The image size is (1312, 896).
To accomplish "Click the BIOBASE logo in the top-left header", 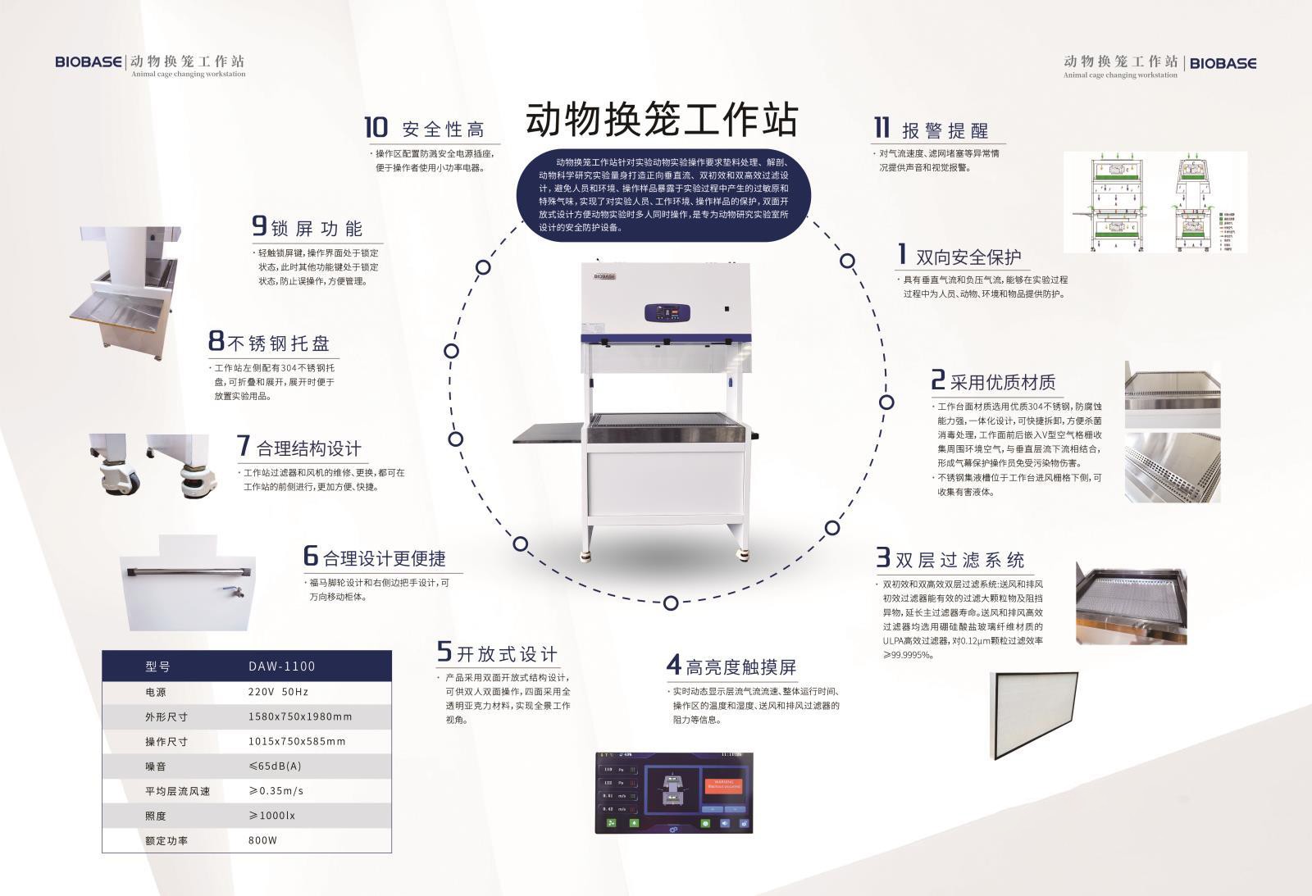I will tap(89, 62).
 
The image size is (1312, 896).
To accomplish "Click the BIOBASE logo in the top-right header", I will tap(1223, 63).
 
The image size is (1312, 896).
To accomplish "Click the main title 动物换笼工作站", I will tap(661, 120).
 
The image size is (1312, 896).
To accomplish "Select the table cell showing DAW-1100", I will tap(281, 666).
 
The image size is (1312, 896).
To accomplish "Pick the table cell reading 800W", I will tap(262, 840).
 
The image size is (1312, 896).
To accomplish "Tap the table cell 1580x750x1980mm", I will tap(300, 716).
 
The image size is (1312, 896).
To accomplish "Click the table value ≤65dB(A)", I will tap(276, 766).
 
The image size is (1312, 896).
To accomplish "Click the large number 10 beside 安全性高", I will tap(376, 128).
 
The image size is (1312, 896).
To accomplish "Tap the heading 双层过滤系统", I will tap(959, 561).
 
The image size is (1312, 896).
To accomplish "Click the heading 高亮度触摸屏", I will tap(741, 666).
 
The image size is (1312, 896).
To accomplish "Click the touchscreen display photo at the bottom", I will tap(675, 792).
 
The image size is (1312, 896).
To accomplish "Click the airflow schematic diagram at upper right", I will tap(1155, 202).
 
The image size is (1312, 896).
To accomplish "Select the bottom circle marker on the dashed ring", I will tap(671, 603).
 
